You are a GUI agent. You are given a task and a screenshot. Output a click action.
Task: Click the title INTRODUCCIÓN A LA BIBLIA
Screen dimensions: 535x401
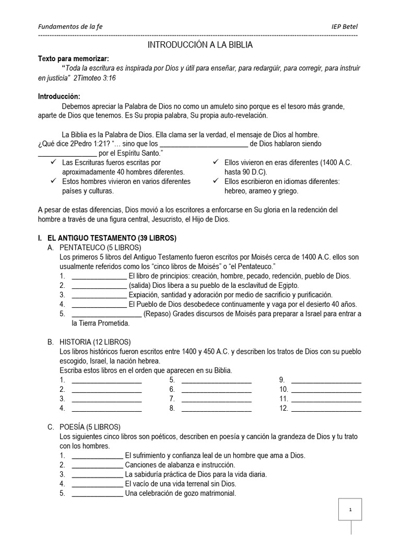click(x=200, y=45)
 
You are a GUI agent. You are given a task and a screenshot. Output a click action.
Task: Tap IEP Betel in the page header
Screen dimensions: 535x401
click(x=345, y=27)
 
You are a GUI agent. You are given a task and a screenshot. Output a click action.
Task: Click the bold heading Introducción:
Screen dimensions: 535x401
click(x=60, y=97)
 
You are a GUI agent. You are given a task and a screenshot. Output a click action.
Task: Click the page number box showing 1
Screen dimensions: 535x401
click(x=350, y=509)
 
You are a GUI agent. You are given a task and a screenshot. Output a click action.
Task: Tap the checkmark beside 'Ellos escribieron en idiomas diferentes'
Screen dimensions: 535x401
click(x=216, y=181)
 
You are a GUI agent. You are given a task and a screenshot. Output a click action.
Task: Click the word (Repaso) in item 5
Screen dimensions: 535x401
click(x=158, y=313)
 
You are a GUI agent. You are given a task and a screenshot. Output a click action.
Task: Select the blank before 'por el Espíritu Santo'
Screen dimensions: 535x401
click(x=67, y=154)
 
